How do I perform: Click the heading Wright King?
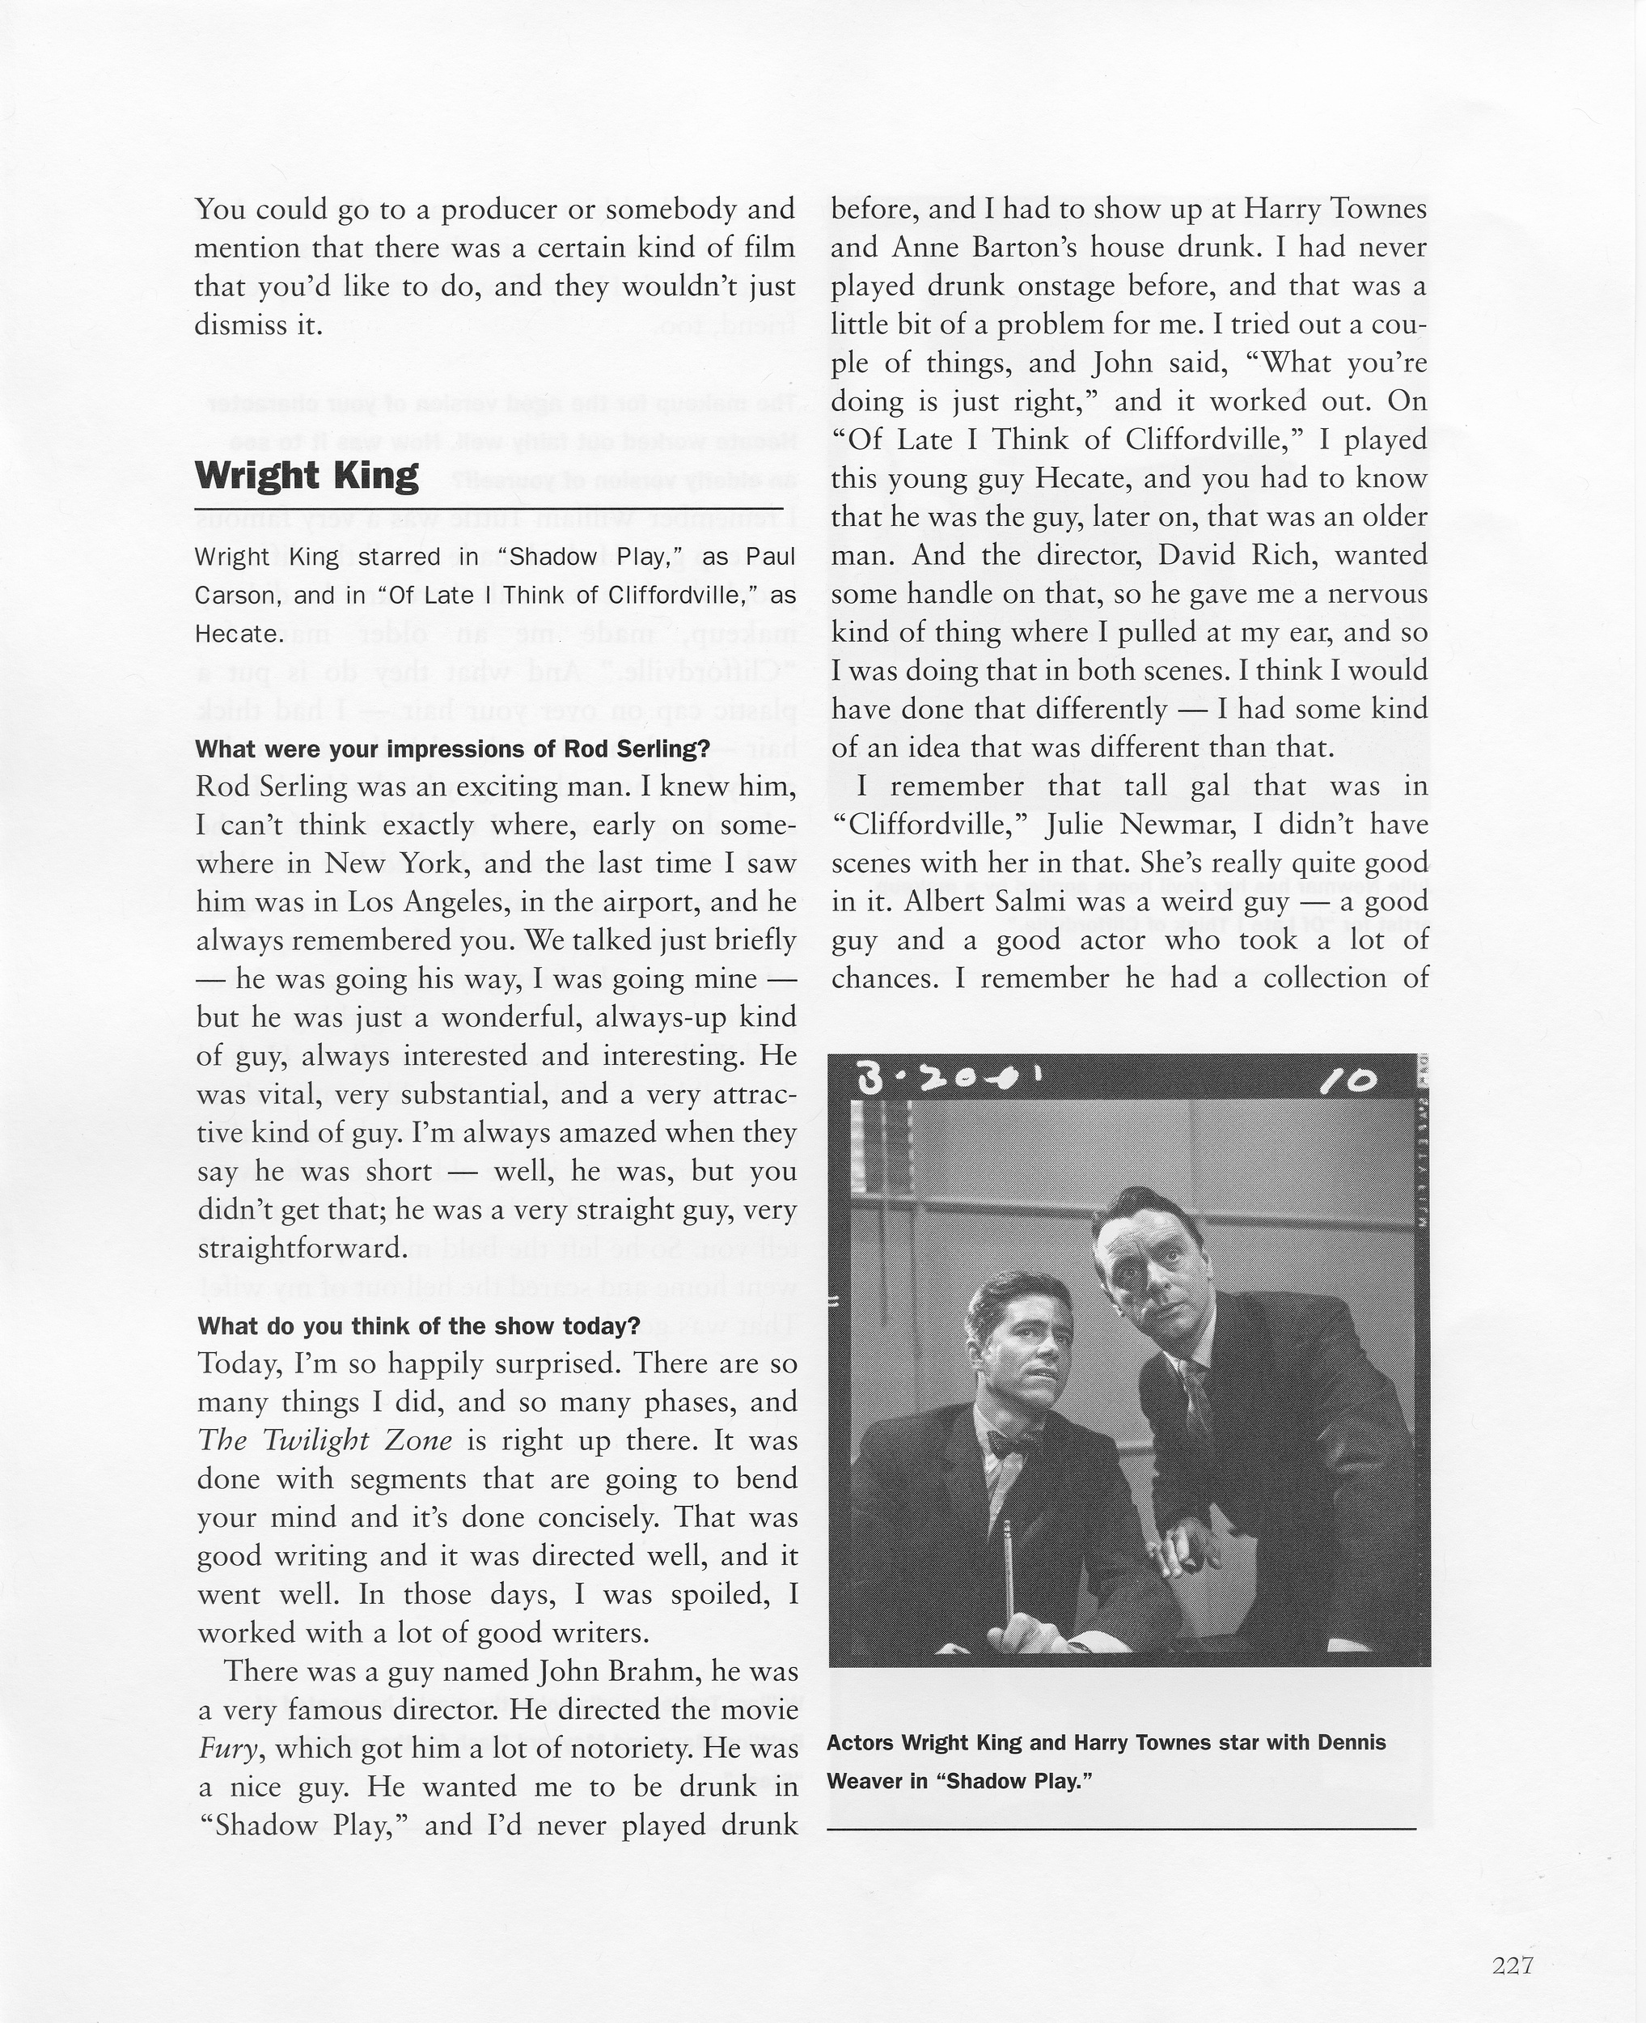[x=307, y=476]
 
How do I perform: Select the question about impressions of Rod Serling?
[x=452, y=749]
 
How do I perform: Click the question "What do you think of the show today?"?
[x=418, y=1326]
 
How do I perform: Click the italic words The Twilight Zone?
[x=324, y=1440]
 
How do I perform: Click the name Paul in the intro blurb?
[x=770, y=557]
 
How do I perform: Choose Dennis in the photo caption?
[x=1350, y=1743]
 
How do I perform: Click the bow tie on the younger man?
[x=1007, y=1444]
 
